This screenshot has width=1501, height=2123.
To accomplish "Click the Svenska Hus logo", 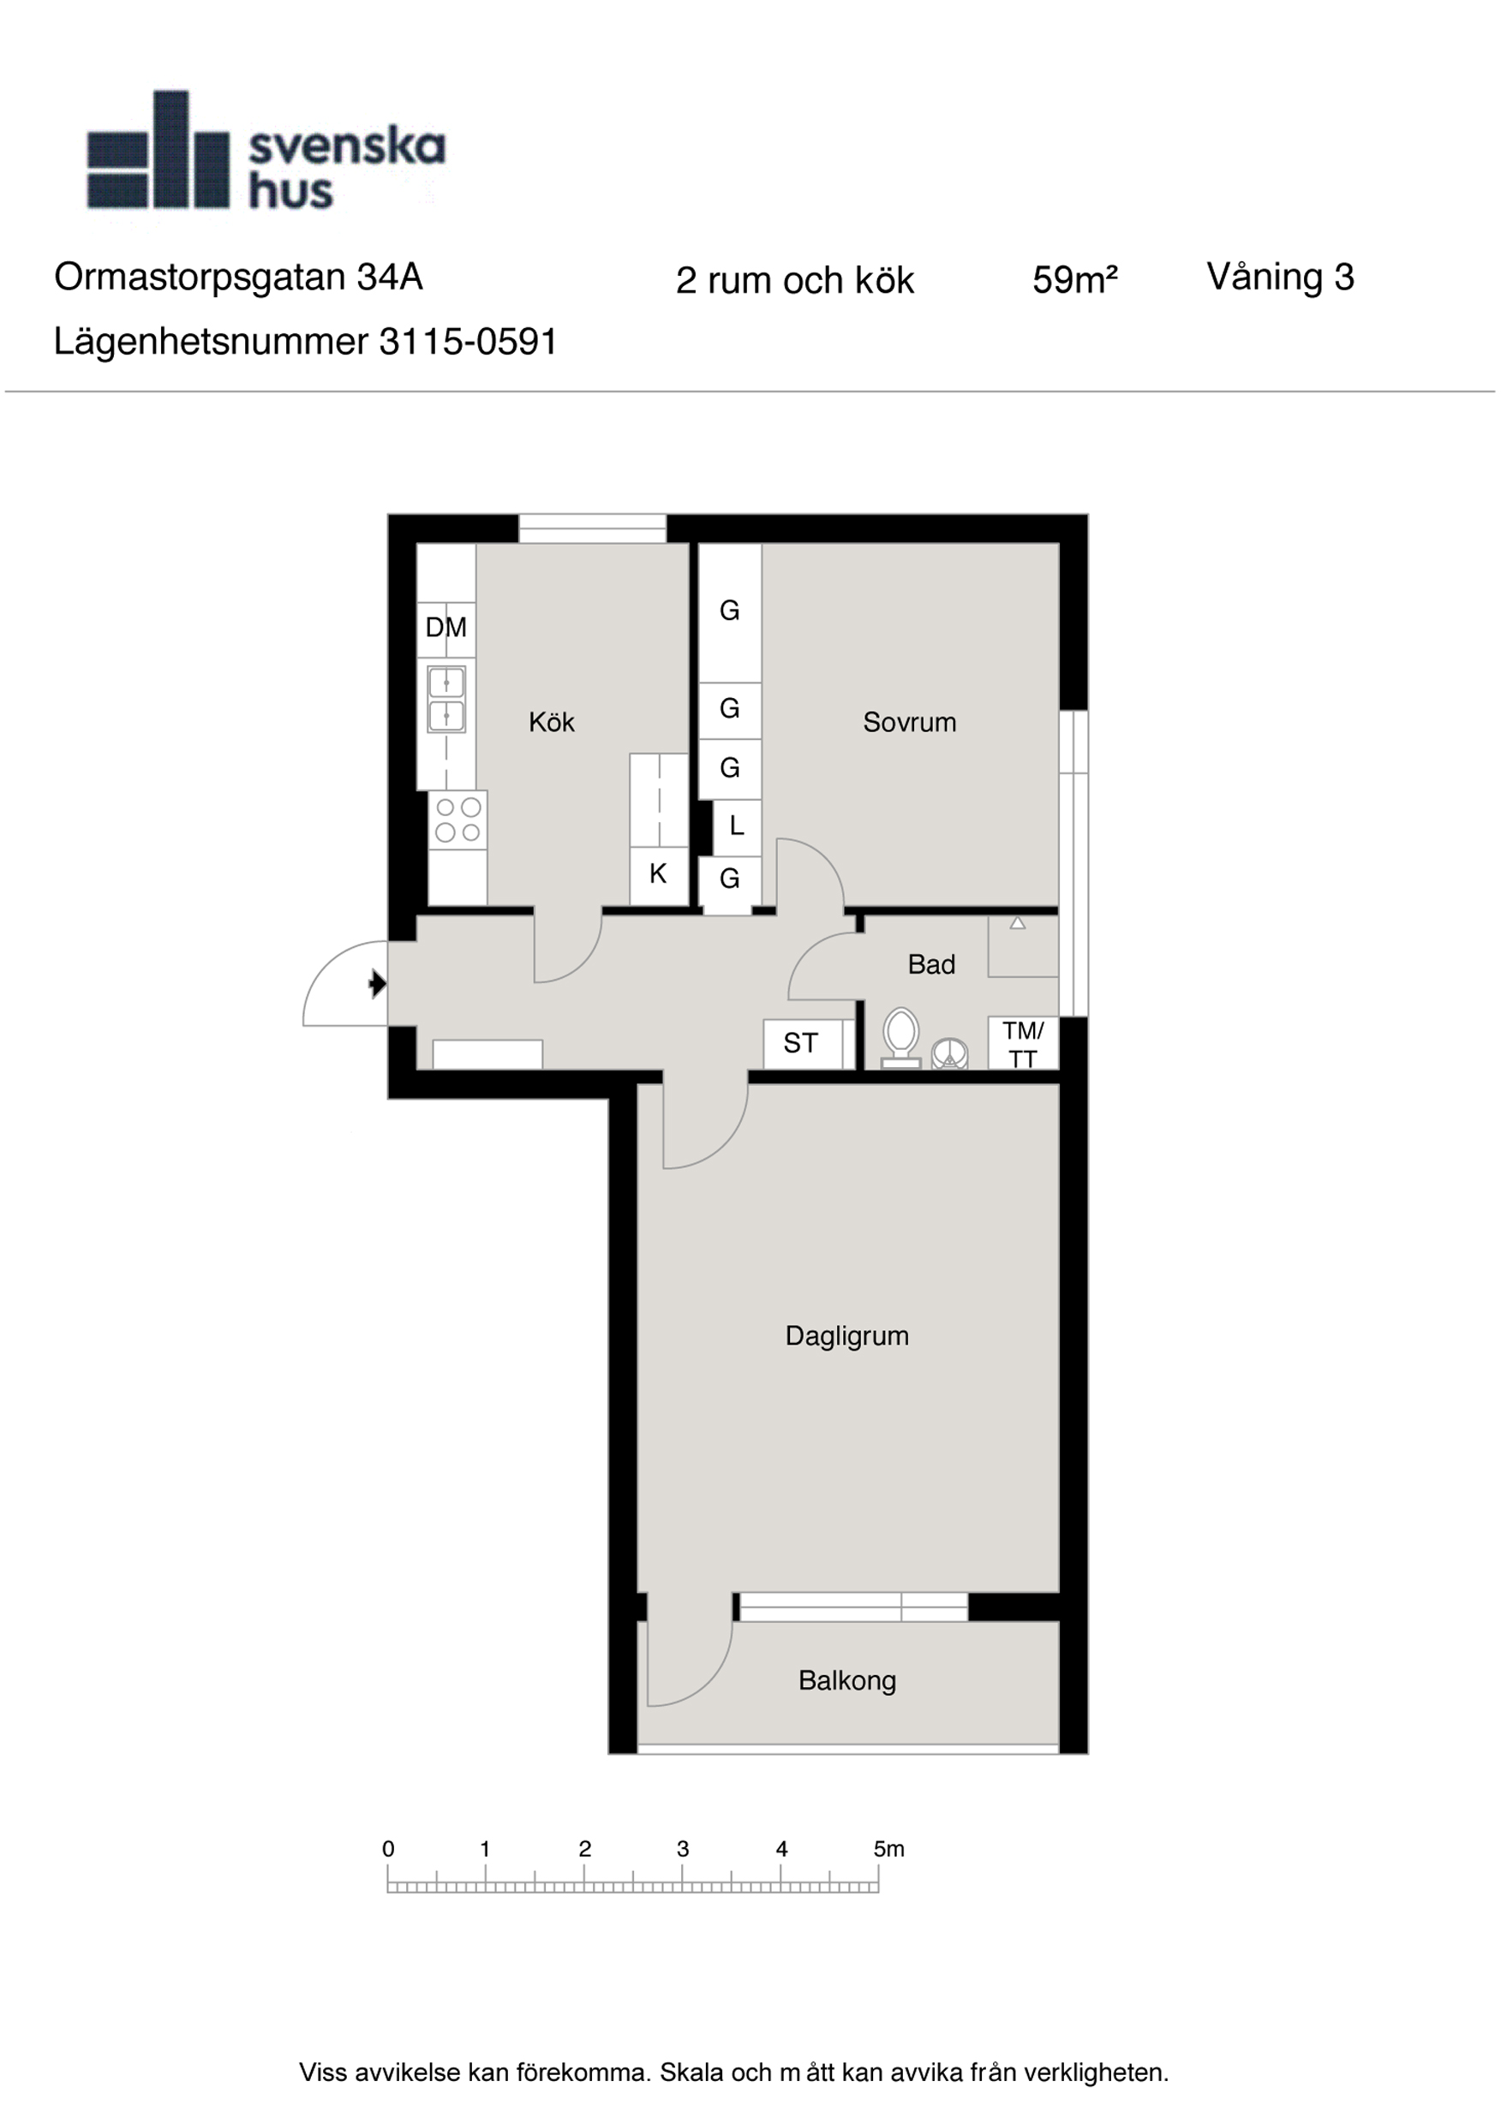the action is (x=266, y=150).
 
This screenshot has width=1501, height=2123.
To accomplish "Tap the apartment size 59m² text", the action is (x=1074, y=280).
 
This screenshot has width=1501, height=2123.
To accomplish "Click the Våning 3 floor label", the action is (x=1280, y=277).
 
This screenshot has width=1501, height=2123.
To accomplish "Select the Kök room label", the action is (x=551, y=722).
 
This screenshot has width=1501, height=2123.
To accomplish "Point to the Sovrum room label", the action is (x=909, y=722).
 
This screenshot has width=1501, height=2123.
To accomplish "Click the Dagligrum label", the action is (x=847, y=1336).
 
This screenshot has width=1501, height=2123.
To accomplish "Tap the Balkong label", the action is (x=847, y=1680).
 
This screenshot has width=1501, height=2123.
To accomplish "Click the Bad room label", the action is (x=931, y=964).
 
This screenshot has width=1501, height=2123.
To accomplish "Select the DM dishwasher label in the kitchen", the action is (x=446, y=628).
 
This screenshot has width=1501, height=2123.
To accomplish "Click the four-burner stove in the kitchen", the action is (x=457, y=820).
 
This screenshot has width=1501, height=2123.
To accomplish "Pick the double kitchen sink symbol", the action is (x=446, y=699).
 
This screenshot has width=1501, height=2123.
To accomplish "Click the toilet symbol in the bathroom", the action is (x=900, y=1037).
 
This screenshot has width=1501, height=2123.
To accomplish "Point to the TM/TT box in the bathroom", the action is (x=1023, y=1043).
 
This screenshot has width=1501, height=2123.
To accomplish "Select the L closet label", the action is (x=736, y=826).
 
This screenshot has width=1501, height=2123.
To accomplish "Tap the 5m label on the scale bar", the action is (x=888, y=1848).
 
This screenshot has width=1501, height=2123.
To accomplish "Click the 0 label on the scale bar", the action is (x=388, y=1848).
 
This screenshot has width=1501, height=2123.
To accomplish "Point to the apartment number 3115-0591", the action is (x=468, y=342).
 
